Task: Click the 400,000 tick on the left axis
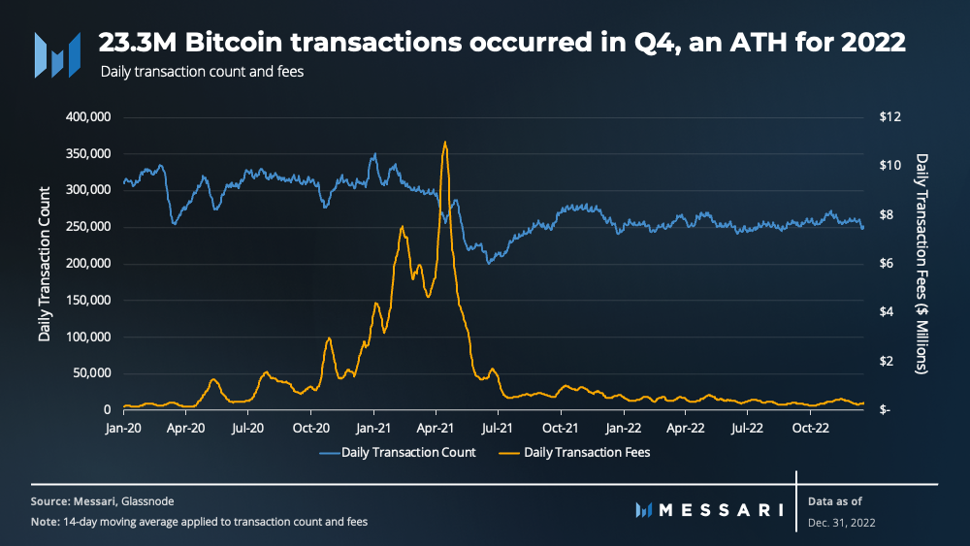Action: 88,117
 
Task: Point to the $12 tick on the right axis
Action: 889,117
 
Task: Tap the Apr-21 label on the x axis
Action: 436,428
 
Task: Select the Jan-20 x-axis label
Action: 123,428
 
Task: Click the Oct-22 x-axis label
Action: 810,428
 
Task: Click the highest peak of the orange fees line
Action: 445,143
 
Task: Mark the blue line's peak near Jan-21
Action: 374,154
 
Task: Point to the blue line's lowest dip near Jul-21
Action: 489,263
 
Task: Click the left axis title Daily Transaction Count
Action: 44,264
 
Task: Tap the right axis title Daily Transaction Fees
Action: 921,264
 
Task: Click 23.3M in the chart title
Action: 138,43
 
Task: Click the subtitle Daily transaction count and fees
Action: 202,72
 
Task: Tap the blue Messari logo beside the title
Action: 57,55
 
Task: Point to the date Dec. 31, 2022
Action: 841,523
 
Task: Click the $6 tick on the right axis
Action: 886,264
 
